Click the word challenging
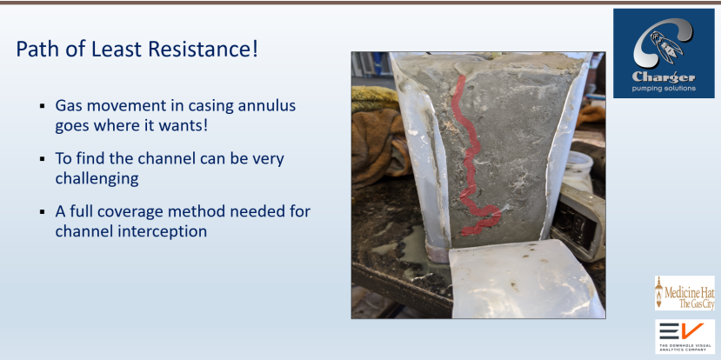[x=97, y=178]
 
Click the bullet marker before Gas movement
[x=43, y=106]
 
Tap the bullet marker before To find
[x=43, y=159]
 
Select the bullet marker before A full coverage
[x=43, y=212]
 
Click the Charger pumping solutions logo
[x=664, y=53]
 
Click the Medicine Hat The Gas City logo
[x=684, y=293]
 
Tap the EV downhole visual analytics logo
[x=684, y=337]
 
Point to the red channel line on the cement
[x=471, y=157]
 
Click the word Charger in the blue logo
[x=664, y=77]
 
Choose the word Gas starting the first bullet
[x=69, y=106]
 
